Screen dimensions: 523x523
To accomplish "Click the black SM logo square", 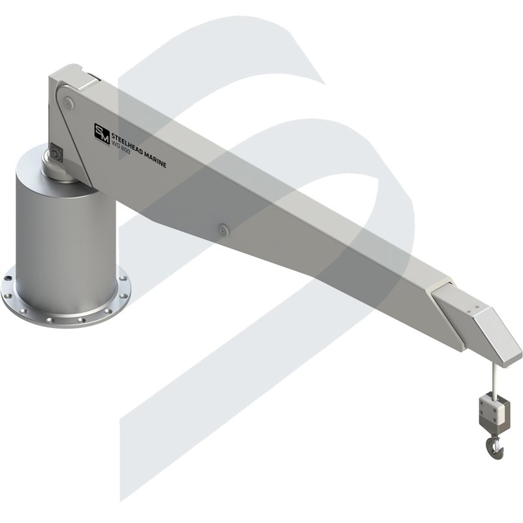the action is (102, 132).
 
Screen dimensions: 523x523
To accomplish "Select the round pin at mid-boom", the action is (222, 228).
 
